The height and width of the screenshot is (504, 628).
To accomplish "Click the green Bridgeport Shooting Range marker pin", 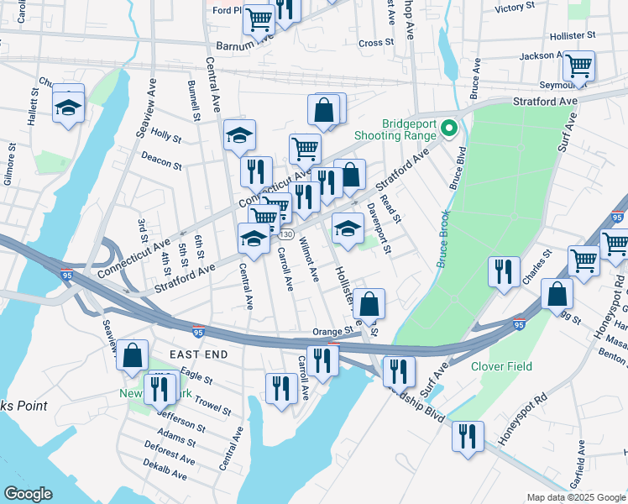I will click(448, 129).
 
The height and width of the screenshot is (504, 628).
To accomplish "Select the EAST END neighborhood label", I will click(199, 355).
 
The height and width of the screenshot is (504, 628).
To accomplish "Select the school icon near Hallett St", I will click(68, 107).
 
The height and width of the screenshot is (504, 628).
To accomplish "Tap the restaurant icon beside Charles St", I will click(503, 271).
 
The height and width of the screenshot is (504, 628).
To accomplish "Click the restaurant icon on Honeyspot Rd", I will click(467, 436).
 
